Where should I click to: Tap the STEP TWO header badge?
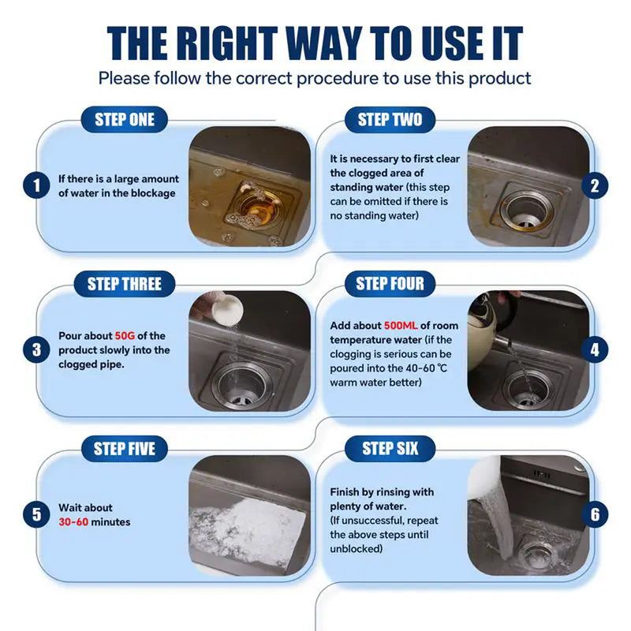(390, 120)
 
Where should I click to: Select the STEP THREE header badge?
(125, 284)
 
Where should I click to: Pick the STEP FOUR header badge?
(390, 284)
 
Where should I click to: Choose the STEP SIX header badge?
(390, 449)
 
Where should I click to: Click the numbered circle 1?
(36, 187)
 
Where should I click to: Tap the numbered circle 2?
(595, 186)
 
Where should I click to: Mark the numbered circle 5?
(36, 515)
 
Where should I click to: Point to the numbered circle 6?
(595, 515)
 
